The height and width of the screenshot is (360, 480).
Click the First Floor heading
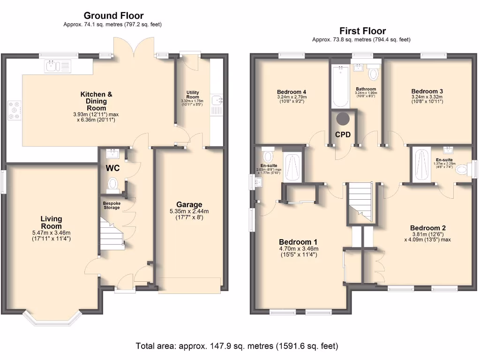[362, 31]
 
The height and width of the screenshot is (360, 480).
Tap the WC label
[112, 168]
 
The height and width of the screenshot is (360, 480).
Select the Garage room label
[189, 204]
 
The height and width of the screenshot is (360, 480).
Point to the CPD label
[343, 134]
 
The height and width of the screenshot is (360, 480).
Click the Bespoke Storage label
[112, 205]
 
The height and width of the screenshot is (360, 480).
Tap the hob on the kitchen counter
[15, 110]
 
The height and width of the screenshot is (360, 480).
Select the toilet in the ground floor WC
[112, 184]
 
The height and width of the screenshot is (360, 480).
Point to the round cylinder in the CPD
[343, 118]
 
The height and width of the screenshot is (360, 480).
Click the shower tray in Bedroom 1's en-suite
[293, 166]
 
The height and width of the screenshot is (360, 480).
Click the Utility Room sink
[216, 100]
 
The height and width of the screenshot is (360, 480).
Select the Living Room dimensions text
[52, 235]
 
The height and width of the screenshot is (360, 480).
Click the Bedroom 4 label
[292, 91]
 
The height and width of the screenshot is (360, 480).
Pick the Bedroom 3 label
[427, 91]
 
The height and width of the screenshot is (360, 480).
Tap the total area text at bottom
[237, 346]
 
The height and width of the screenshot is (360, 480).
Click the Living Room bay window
[51, 320]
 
